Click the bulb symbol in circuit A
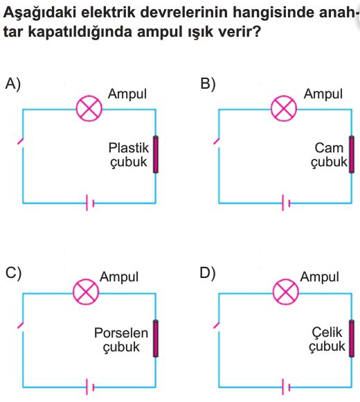pos(89,108)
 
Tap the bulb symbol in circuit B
pos(284,108)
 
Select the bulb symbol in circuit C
pos(86,292)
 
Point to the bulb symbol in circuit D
pos(286,292)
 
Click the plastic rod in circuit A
pos(155,155)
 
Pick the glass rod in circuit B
pos(352,155)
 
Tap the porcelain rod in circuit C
pos(155,338)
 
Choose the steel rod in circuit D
pos(352,338)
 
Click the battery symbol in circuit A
pos(90,203)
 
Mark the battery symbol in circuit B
pos(286,203)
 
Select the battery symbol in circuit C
pos(90,387)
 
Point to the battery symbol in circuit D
pos(286,387)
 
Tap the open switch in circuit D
pos(217,325)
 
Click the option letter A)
pos(13,84)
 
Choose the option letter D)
pos(208,273)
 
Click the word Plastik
pos(129,148)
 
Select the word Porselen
pos(121,333)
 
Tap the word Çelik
pos(327,332)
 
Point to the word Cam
pos(329,148)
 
